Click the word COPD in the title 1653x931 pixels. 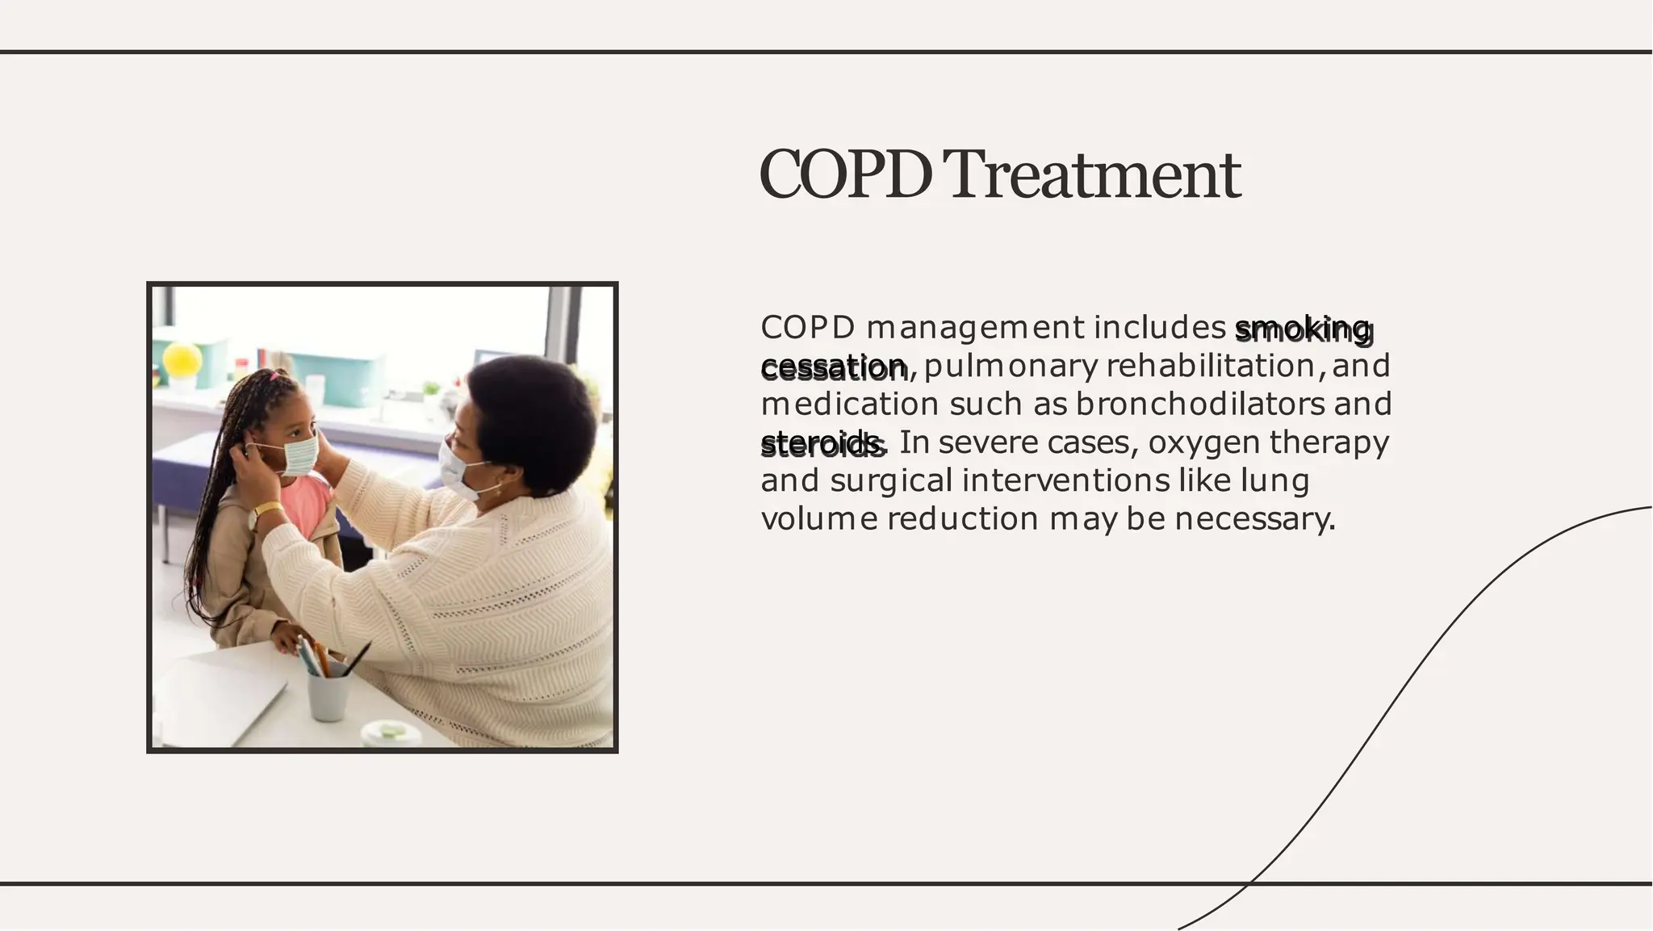tap(844, 174)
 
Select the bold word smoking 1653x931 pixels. tap(1302, 329)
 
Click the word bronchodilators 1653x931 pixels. tap(1199, 404)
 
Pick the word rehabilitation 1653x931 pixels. tap(1211, 366)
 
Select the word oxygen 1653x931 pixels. tap(1203, 442)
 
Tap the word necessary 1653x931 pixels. tap(1254, 518)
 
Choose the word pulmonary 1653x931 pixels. tap(1011, 366)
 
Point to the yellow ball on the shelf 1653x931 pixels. tap(182, 360)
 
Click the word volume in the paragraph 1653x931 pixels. tap(818, 518)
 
